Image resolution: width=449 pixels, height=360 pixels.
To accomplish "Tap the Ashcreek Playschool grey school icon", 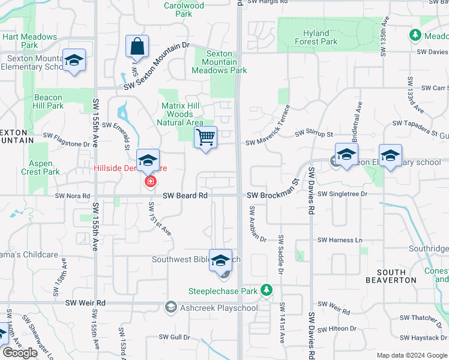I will (x=170, y=308).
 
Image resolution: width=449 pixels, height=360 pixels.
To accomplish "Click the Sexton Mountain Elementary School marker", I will (x=74, y=60).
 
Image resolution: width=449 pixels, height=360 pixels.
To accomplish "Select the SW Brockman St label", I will (x=273, y=195).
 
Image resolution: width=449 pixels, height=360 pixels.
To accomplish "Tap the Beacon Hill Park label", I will (x=49, y=101).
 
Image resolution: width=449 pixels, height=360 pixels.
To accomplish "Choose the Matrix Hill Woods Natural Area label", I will (x=179, y=114).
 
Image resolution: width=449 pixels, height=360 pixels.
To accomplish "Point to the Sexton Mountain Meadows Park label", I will (x=219, y=62).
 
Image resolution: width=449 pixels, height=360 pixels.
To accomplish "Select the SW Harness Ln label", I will (x=341, y=240).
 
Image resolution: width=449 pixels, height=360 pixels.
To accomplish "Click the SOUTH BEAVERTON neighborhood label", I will (x=391, y=275).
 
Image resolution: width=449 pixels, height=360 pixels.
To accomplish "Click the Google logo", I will (x=20, y=353).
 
